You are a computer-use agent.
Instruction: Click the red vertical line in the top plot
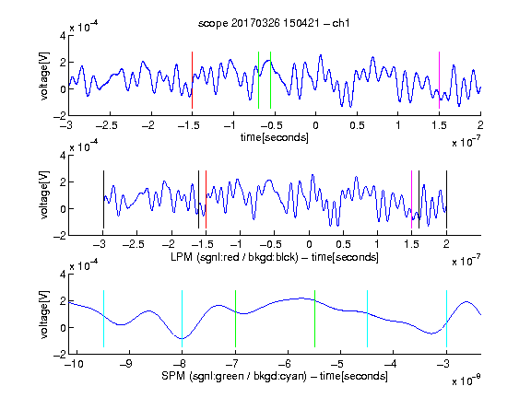pos(192,80)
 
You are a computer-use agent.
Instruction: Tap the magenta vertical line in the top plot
pos(439,80)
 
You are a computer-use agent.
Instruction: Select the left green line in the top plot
pos(258,80)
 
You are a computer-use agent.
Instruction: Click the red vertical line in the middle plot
pos(206,200)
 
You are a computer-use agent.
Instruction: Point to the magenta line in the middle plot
pos(411,200)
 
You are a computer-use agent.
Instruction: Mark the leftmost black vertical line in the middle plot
pos(103,200)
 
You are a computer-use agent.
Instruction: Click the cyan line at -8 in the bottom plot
pos(183,319)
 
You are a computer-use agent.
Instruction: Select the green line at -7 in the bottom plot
pos(235,319)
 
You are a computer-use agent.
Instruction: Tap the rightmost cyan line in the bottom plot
pos(447,319)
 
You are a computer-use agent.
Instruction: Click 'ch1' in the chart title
pos(341,23)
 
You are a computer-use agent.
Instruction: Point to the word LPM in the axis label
pos(182,257)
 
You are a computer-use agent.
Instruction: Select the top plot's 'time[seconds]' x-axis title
pos(275,137)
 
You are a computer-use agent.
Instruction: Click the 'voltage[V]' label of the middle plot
pos(44,195)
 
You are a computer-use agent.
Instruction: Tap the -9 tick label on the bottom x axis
pos(126,364)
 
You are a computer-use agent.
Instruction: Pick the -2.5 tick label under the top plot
pos(106,125)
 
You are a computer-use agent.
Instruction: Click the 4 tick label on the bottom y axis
pos(63,275)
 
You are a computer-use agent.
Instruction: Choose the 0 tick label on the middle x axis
pos(309,244)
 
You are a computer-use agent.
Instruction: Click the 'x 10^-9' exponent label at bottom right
pos(466,380)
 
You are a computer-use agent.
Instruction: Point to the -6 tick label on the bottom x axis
pos(285,364)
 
